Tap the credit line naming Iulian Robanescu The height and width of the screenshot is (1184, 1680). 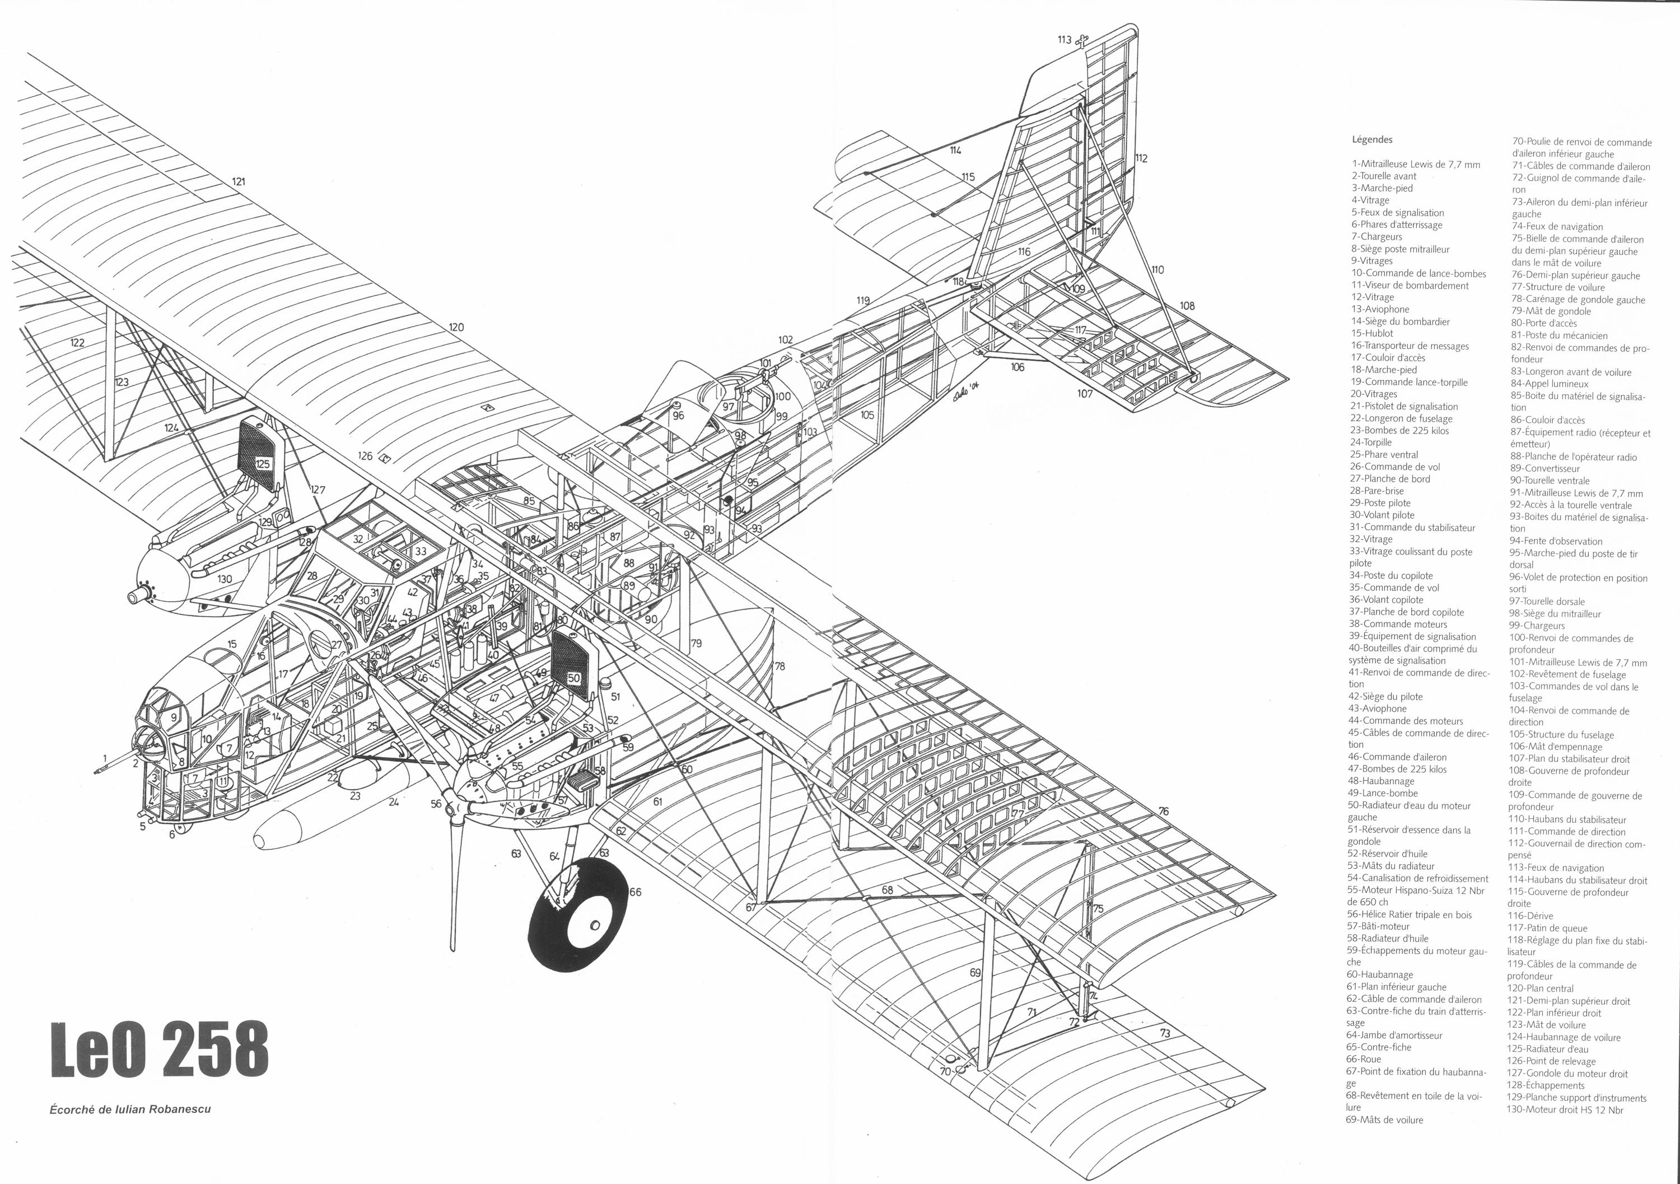click(130, 1108)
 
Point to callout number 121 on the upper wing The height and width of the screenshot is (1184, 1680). click(239, 181)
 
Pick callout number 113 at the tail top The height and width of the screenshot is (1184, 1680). click(1064, 40)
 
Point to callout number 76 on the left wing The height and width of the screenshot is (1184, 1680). click(1164, 811)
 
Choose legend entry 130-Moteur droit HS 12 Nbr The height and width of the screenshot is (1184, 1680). click(1565, 1110)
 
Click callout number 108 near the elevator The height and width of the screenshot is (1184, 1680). click(1187, 305)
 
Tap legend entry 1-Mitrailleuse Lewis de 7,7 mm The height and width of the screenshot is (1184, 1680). click(1415, 164)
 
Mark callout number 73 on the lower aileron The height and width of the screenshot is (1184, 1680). click(1165, 1033)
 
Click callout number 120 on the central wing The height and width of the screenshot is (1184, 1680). click(456, 327)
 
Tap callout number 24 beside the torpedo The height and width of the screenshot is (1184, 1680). click(394, 802)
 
